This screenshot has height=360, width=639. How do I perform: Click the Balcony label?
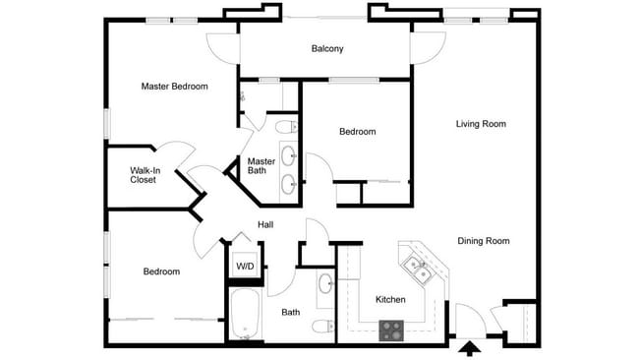click(x=327, y=48)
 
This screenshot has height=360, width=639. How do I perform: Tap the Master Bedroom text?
click(x=174, y=87)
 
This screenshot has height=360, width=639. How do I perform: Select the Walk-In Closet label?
click(x=145, y=175)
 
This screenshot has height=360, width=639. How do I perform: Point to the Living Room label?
click(x=481, y=124)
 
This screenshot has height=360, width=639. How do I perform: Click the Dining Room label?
click(x=484, y=241)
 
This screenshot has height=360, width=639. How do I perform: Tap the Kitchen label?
click(x=390, y=300)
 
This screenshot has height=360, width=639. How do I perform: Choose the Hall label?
click(x=265, y=224)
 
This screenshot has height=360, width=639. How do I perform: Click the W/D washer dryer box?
click(x=245, y=266)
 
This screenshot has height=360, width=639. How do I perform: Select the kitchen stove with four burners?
click(x=391, y=330)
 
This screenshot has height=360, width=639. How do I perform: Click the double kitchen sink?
click(x=417, y=270)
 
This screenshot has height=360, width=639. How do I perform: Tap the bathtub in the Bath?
click(x=245, y=313)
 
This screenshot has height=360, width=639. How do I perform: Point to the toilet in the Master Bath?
click(x=286, y=127)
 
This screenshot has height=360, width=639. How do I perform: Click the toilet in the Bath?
click(x=323, y=326)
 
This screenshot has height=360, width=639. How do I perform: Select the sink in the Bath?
click(x=326, y=283)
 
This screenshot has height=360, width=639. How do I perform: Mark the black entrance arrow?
click(x=470, y=349)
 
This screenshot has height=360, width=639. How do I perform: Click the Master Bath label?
click(x=261, y=166)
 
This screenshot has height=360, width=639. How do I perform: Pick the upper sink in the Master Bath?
click(x=288, y=155)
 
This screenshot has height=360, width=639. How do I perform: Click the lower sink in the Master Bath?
click(x=288, y=184)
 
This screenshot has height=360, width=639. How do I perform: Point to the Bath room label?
click(x=291, y=313)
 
